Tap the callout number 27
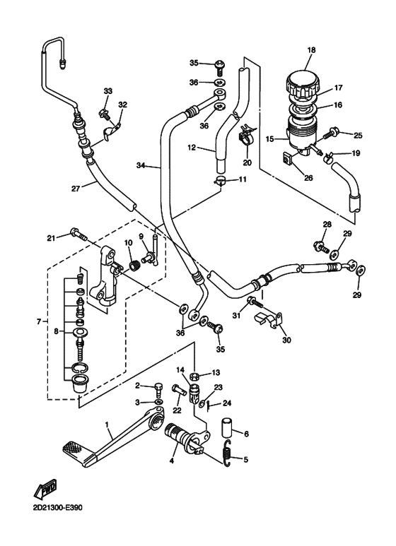point(76,189)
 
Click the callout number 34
point(141,165)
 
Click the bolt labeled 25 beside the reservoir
point(331,133)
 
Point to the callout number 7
point(39,322)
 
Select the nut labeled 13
point(194,376)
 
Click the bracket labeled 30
point(269,321)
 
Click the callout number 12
point(192,148)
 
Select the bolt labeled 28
point(321,247)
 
